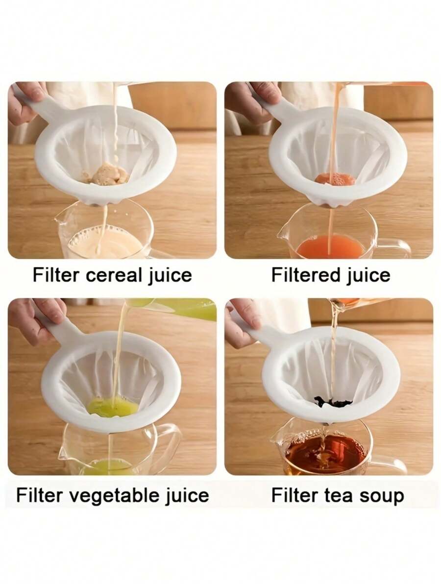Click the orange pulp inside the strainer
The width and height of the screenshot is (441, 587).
pyautogui.click(x=335, y=179)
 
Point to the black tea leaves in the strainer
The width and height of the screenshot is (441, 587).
pyautogui.click(x=333, y=402)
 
